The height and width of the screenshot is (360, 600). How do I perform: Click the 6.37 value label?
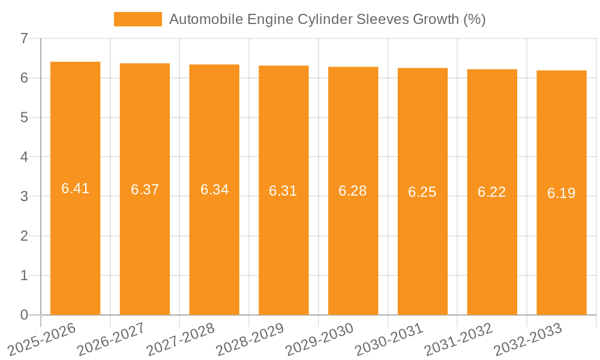click(x=145, y=190)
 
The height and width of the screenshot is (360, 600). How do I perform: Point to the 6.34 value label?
click(x=214, y=190)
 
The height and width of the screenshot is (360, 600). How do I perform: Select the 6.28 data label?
click(x=353, y=191)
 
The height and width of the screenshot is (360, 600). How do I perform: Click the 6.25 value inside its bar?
click(x=422, y=192)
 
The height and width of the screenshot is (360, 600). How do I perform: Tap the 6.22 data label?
click(x=492, y=192)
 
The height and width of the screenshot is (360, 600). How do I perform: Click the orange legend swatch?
click(x=138, y=19)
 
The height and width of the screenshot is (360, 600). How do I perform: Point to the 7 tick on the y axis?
click(x=24, y=38)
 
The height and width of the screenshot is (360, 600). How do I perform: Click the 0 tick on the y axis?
click(x=24, y=315)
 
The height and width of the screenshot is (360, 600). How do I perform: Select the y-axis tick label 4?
click(x=24, y=157)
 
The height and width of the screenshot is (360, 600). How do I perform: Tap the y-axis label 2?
click(x=24, y=236)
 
